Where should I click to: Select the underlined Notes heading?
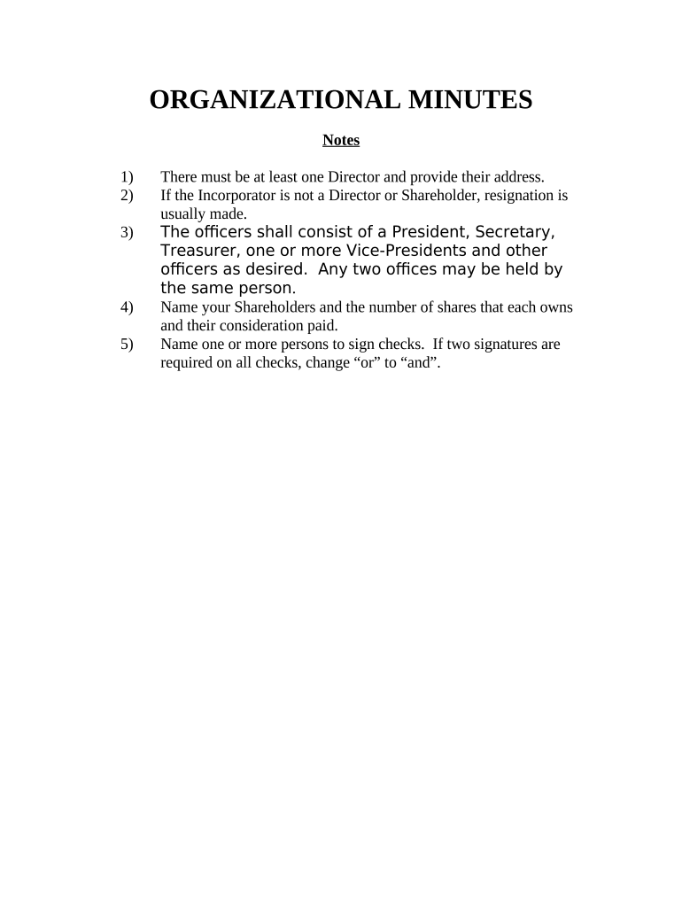[x=341, y=140]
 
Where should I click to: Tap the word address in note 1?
[x=516, y=176]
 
